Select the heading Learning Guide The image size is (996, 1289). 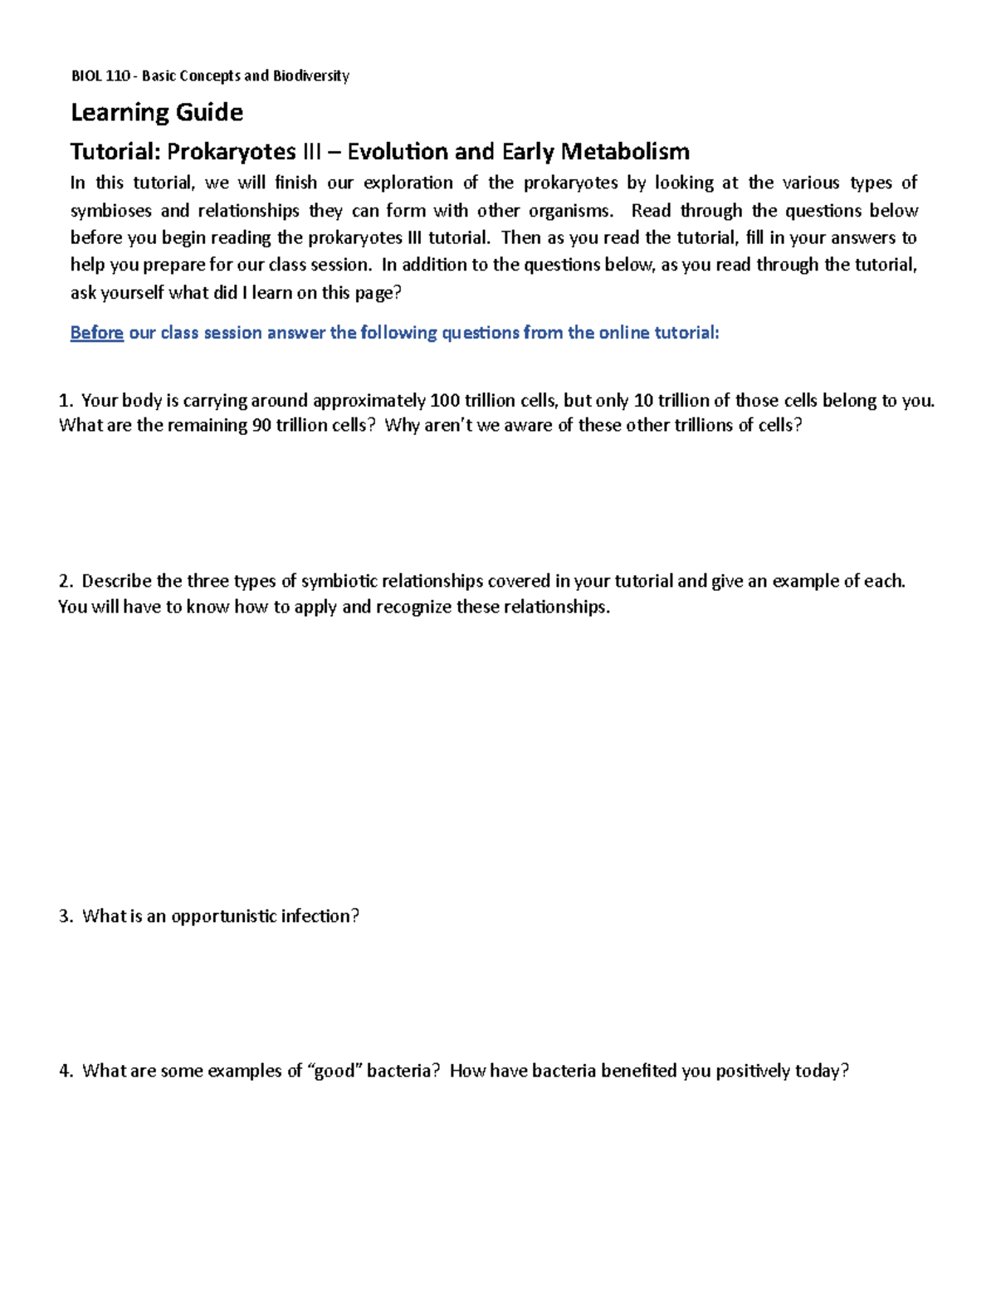pos(157,112)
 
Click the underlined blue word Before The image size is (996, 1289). pos(96,333)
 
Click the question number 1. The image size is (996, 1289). pos(66,401)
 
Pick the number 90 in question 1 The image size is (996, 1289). pos(261,426)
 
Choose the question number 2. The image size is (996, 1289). pos(66,581)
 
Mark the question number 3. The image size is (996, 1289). pos(66,916)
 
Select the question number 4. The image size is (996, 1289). pos(66,1071)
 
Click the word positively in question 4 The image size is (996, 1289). pos(753,1071)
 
